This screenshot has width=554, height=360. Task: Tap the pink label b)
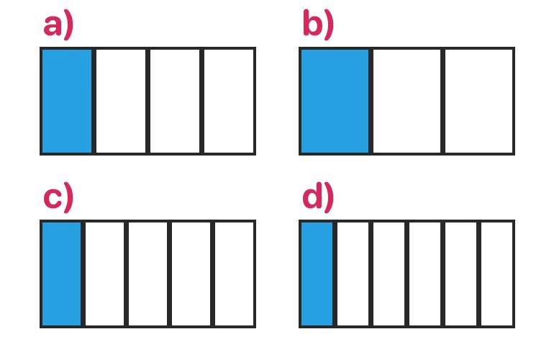(318, 24)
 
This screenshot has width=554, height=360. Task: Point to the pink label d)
(318, 197)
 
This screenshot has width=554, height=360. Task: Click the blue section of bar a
(67, 101)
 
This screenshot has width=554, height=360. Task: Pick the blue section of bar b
(335, 101)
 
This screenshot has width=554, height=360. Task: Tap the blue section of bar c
(61, 274)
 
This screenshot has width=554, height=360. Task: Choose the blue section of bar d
(317, 274)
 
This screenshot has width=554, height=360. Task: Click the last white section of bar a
(229, 101)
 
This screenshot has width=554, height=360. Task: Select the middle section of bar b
(407, 101)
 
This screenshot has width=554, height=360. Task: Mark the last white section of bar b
(478, 101)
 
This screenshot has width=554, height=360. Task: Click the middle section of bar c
(147, 274)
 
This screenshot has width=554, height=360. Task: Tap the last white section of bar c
(235, 274)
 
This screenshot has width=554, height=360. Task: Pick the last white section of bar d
(496, 274)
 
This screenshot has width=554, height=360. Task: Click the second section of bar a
(121, 101)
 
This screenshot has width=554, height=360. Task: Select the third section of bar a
(175, 101)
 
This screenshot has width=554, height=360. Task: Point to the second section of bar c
(104, 274)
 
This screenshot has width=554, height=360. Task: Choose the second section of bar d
(353, 274)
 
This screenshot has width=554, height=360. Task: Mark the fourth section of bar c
(191, 274)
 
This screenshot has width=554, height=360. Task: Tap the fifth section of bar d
(460, 274)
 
